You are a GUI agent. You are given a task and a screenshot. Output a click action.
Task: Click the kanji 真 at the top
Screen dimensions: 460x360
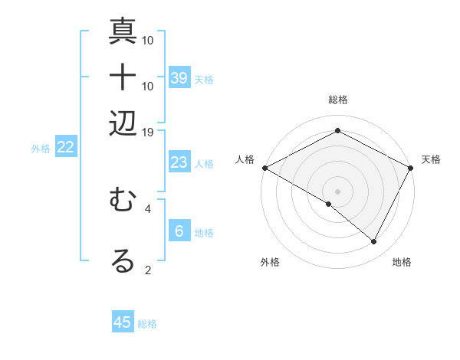click(x=123, y=31)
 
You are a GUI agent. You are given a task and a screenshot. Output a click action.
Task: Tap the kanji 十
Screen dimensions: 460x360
click(x=123, y=77)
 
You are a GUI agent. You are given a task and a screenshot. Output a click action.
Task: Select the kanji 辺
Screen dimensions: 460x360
click(x=123, y=123)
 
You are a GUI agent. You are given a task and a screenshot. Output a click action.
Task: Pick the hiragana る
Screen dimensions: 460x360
click(x=123, y=260)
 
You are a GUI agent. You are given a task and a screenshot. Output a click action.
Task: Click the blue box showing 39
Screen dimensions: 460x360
click(x=179, y=77)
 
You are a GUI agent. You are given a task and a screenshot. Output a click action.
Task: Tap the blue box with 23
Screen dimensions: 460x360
click(x=179, y=162)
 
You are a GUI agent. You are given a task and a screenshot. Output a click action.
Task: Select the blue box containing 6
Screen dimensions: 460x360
click(x=179, y=231)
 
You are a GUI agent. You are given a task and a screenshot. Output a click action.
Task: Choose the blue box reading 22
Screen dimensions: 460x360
click(x=65, y=147)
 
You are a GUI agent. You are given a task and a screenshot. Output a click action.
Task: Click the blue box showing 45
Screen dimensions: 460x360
click(x=123, y=322)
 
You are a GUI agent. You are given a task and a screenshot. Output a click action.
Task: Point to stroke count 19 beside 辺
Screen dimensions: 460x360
click(x=147, y=132)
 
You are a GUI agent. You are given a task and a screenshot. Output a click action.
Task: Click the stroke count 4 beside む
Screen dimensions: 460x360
click(x=148, y=207)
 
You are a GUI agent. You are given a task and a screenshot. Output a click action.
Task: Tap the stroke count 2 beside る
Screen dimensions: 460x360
click(x=148, y=269)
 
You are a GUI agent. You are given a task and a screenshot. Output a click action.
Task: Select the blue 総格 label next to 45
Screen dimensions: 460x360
click(x=147, y=324)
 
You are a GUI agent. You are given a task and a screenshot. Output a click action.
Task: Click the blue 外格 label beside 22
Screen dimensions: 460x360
click(x=41, y=149)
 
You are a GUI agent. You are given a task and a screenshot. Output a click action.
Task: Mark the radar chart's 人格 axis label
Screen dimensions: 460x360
click(x=245, y=159)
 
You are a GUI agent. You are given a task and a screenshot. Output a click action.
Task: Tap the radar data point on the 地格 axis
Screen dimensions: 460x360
click(x=374, y=242)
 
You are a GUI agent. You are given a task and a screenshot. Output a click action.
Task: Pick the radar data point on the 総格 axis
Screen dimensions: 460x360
click(x=337, y=132)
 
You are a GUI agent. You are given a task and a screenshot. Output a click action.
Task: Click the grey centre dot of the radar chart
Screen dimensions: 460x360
click(x=337, y=191)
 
